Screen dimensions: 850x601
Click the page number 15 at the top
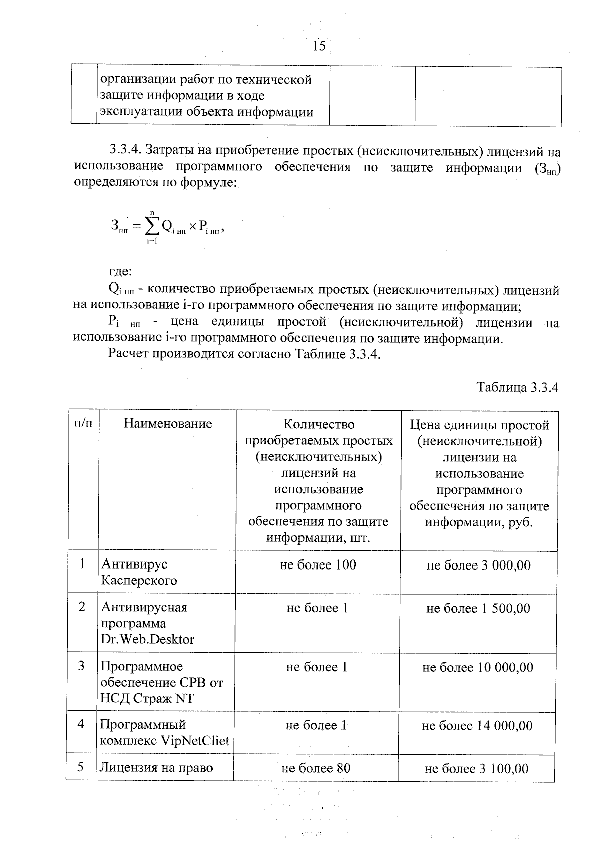coord(319,46)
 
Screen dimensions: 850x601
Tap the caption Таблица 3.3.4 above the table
coord(517,387)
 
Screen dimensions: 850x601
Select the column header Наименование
coord(168,424)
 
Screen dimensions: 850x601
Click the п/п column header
coord(83,424)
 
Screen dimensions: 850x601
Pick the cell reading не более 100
coord(318,565)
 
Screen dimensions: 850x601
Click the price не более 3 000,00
coord(478,565)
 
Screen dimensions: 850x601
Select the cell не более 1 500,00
coord(478,608)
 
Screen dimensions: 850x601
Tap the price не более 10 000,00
coord(478,667)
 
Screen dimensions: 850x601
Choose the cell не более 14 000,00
coord(477,725)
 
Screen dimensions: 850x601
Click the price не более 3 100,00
coord(476,769)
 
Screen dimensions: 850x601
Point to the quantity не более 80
coord(316,768)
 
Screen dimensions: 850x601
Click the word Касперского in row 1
coord(139,581)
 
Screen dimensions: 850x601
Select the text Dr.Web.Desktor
coord(148,639)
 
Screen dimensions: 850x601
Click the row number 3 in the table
coord(81,666)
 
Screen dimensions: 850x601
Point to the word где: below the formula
coord(120,272)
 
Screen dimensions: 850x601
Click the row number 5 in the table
coord(81,767)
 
